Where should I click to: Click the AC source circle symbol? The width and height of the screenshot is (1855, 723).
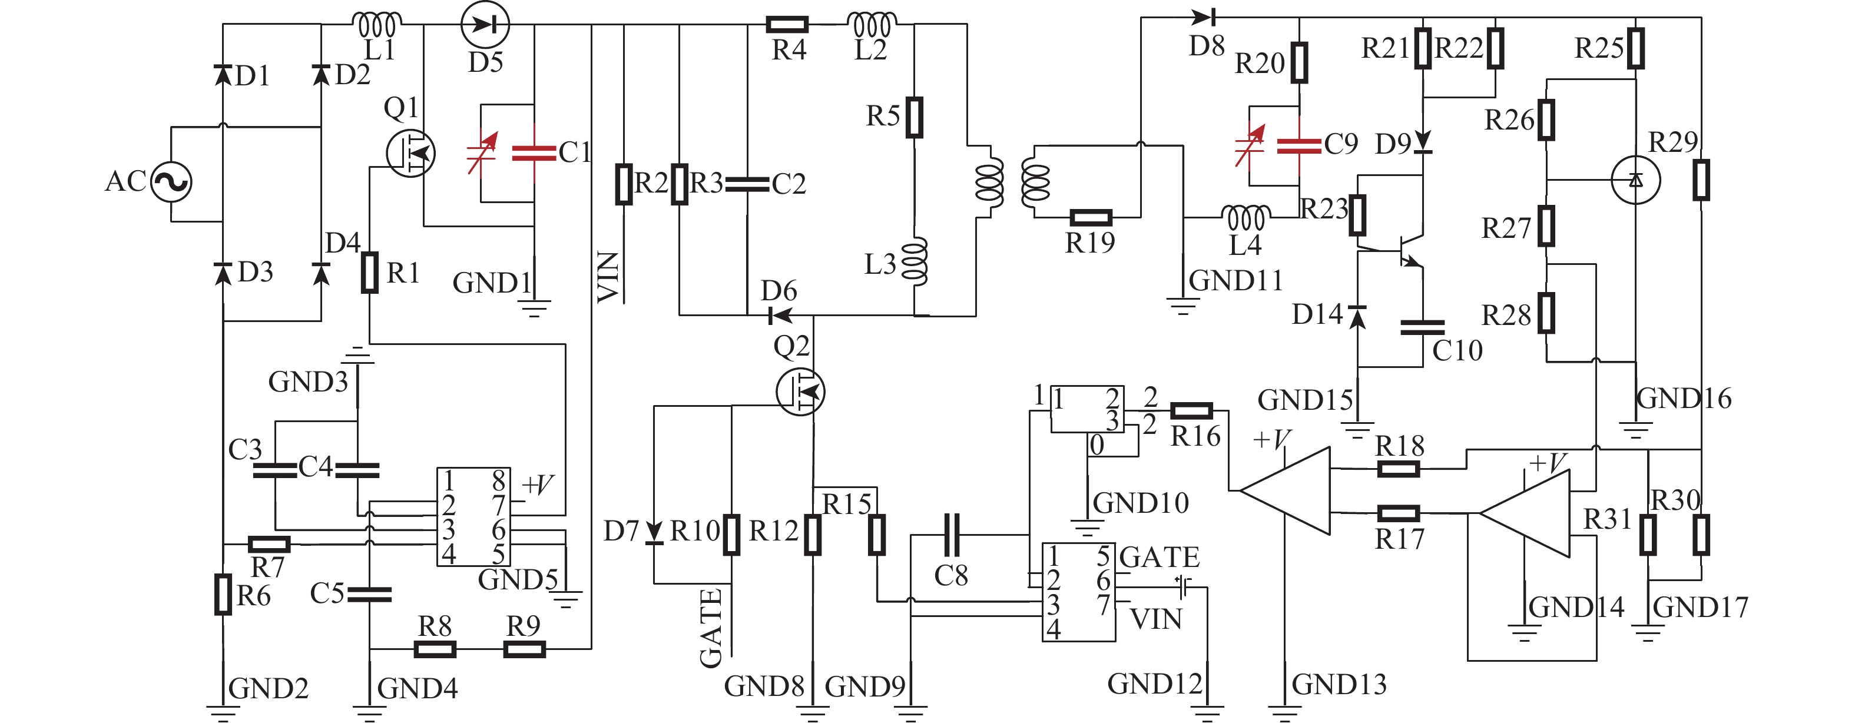[171, 181]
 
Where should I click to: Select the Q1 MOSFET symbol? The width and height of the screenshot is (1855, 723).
[410, 152]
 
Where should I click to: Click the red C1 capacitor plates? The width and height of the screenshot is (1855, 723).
[534, 152]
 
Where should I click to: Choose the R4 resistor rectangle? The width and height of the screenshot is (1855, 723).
[787, 25]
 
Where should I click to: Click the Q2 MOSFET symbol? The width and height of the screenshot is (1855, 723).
[801, 391]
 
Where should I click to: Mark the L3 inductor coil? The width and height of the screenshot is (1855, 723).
[915, 262]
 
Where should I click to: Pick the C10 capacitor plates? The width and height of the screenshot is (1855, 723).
[1422, 329]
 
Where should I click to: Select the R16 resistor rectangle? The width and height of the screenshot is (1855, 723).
[1192, 411]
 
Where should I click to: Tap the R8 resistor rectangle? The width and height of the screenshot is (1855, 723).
[435, 649]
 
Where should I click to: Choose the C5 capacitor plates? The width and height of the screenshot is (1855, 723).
[369, 594]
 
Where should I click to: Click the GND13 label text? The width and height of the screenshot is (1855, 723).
[1339, 684]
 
